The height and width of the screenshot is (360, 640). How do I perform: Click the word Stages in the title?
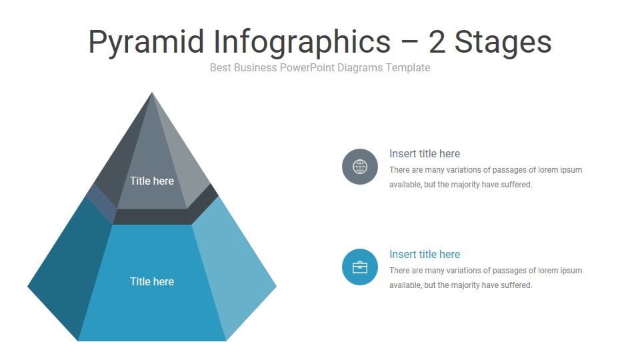[x=503, y=41]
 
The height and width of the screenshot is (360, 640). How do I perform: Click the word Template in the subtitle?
[x=408, y=67]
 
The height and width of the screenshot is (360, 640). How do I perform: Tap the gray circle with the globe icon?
[x=360, y=167]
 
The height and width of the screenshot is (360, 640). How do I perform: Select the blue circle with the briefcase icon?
[x=360, y=267]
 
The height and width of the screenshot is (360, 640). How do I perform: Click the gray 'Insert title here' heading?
[x=425, y=153]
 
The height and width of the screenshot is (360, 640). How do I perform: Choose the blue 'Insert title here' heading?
[x=425, y=254]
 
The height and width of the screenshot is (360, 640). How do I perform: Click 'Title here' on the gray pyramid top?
[x=152, y=181]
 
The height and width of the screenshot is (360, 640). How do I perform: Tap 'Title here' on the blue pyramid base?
[x=152, y=281]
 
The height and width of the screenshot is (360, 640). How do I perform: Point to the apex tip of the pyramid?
[x=152, y=94]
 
